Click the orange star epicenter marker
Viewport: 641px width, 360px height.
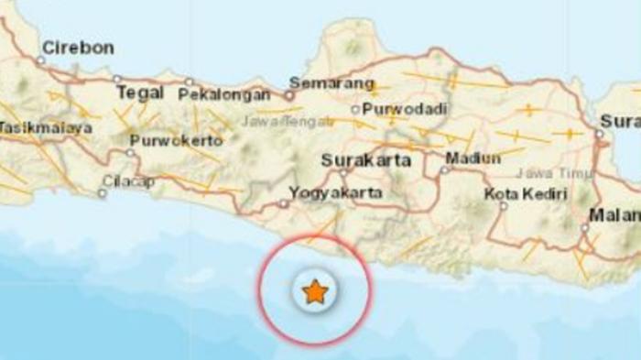point(315,291)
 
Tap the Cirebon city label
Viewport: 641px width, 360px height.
point(78,48)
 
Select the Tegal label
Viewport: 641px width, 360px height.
point(140,93)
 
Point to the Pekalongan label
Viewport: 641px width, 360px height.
point(224,94)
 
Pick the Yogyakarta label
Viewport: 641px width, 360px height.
point(335,193)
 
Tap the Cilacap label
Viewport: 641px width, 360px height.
point(127,181)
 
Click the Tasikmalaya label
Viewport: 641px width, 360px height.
point(46,128)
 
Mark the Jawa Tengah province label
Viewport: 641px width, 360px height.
point(272,119)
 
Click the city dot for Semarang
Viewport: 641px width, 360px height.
point(288,93)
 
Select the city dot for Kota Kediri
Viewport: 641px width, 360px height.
point(504,206)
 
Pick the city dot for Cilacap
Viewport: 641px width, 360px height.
point(102,192)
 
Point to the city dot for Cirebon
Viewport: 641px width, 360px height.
point(40,60)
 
